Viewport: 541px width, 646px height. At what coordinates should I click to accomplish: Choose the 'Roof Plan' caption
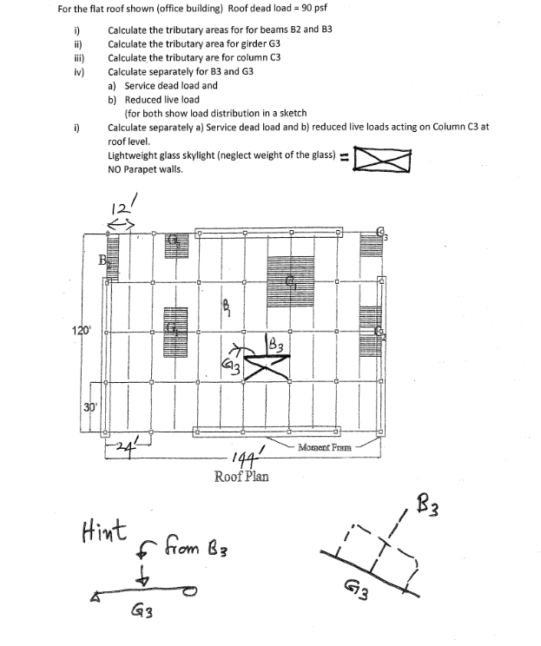[241, 476]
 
